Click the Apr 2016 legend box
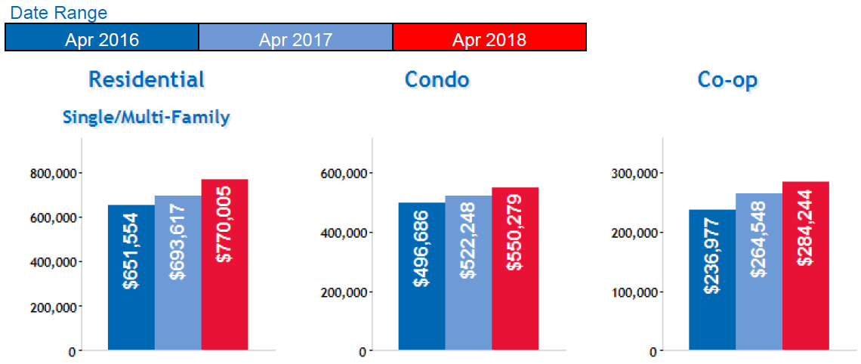tap(102, 37)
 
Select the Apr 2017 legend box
tap(295, 37)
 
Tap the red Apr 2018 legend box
tap(489, 37)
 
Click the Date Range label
tap(59, 13)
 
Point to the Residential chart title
tap(147, 79)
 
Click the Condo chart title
tap(437, 79)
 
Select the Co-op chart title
tap(727, 80)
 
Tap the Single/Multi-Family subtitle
tap(147, 117)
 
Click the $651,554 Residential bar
tap(131, 277)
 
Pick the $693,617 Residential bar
tap(178, 273)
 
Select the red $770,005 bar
tap(224, 264)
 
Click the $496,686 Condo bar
tap(422, 276)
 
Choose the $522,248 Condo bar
tap(468, 273)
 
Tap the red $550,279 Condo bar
tap(514, 269)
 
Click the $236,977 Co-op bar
tap(712, 280)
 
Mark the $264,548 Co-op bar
tap(759, 272)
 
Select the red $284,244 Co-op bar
tap(805, 266)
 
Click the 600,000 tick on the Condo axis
tap(344, 173)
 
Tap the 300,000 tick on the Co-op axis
tap(634, 173)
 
